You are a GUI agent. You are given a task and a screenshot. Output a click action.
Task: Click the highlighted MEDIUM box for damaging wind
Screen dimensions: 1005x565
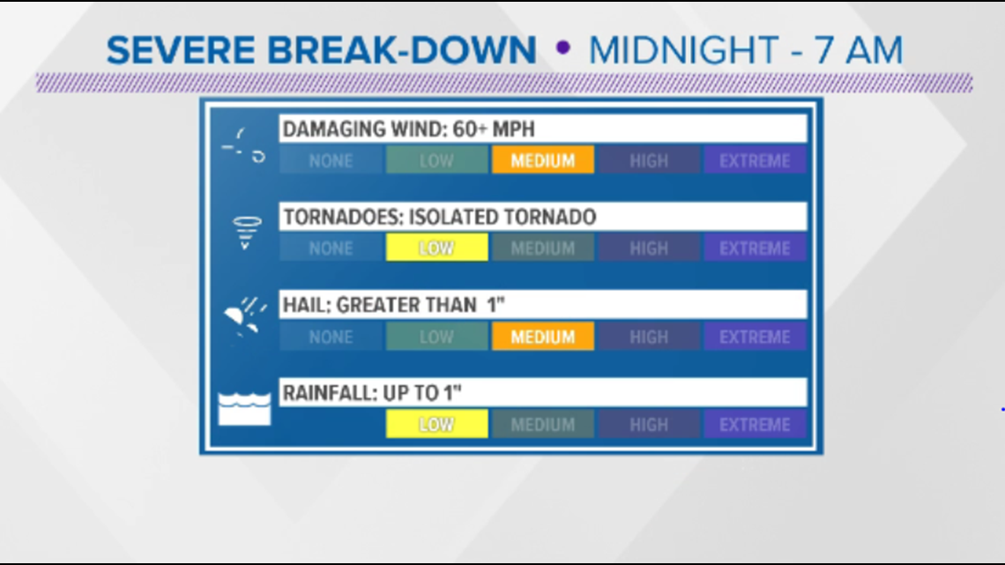coord(543,160)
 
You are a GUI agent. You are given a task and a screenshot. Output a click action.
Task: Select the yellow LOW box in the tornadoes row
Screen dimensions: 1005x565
coord(436,248)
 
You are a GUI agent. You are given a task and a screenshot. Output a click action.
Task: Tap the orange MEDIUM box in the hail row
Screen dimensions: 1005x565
coord(543,337)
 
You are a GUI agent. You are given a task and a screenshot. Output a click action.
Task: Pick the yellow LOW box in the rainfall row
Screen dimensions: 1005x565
coord(436,424)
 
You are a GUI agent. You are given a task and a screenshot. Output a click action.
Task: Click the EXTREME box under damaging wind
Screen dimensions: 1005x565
coord(755,160)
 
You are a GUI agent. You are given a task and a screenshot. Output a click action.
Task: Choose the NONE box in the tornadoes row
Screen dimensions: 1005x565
coord(331,248)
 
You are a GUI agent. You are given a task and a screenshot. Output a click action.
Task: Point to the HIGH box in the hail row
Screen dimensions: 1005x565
coord(649,337)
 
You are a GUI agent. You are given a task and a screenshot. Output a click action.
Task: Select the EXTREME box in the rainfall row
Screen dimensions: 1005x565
coord(755,424)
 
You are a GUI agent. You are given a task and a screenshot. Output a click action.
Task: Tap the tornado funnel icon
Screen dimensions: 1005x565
coord(247,232)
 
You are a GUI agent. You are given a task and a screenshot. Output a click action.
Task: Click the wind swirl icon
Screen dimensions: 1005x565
coord(244,146)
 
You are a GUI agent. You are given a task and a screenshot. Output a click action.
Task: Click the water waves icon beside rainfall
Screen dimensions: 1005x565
coord(244,409)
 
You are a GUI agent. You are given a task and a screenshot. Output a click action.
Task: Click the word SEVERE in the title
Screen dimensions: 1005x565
coord(181,50)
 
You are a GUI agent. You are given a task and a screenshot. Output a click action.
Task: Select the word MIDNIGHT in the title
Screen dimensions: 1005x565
coord(683,50)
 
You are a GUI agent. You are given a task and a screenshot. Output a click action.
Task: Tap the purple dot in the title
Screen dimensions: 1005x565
coord(563,48)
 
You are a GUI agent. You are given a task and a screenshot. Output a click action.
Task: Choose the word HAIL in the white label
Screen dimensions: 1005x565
coord(306,305)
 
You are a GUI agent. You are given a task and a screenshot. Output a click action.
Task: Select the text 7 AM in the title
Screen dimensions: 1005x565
coord(859,50)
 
